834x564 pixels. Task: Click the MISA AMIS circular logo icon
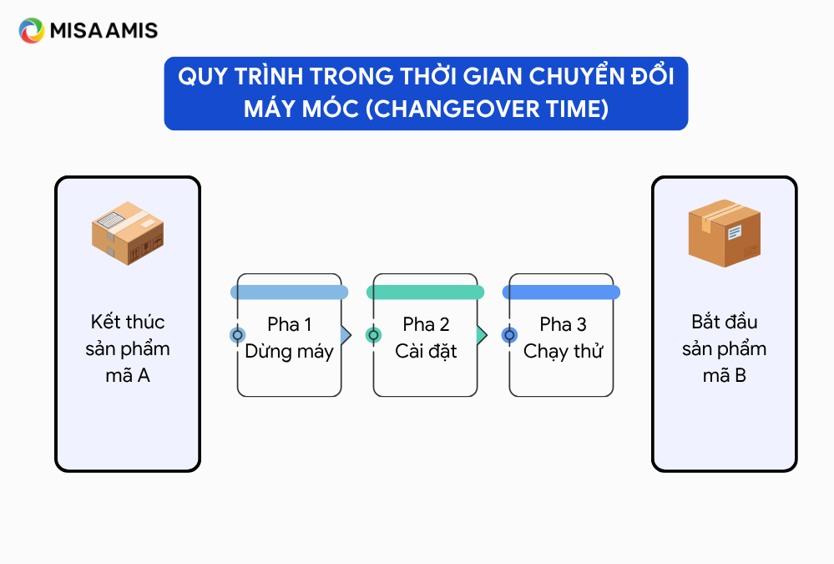click(x=32, y=30)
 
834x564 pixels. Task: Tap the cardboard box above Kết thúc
click(x=128, y=233)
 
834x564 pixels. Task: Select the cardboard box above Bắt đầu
click(x=725, y=233)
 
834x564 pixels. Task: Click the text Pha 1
click(x=290, y=324)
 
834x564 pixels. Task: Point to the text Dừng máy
click(x=290, y=352)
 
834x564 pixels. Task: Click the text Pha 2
click(x=426, y=324)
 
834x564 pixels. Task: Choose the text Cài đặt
click(x=426, y=351)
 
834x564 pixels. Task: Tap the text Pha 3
click(x=563, y=324)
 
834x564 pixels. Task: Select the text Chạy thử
click(x=563, y=352)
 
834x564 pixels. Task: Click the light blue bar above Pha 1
click(x=290, y=292)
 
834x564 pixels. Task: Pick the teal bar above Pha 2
click(x=426, y=292)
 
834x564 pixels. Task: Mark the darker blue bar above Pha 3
click(x=561, y=292)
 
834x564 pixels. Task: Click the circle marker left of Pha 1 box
click(x=238, y=335)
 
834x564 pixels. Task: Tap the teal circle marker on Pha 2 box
click(x=373, y=335)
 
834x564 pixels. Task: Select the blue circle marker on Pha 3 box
click(x=509, y=335)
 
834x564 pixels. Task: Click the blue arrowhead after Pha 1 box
click(x=346, y=335)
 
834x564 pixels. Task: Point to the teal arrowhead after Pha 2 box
click(x=482, y=335)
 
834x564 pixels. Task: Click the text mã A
click(x=128, y=376)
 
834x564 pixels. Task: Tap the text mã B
click(x=725, y=376)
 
